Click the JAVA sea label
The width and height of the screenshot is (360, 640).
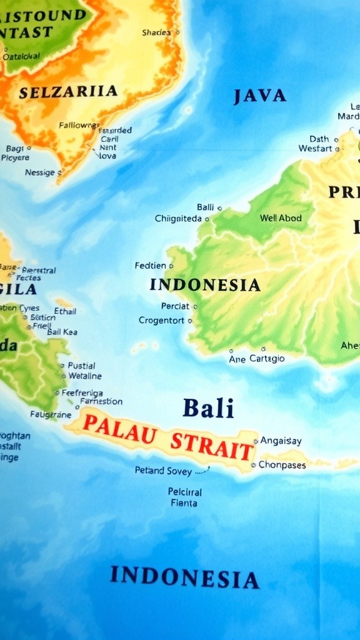[x=259, y=96]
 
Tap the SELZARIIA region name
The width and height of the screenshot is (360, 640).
[x=68, y=91]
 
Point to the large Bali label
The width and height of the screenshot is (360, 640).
[x=208, y=408]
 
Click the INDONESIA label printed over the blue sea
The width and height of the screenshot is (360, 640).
[x=184, y=577]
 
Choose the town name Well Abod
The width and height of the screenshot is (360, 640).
[x=281, y=218]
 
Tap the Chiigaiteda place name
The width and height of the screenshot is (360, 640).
[x=178, y=219]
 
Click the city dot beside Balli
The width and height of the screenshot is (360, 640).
[x=219, y=208]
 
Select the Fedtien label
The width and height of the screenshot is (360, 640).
[x=150, y=266]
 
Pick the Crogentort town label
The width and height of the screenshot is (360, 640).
[x=161, y=321]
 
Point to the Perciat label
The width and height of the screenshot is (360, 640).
[x=175, y=306]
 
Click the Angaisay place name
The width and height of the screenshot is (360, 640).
[x=281, y=441]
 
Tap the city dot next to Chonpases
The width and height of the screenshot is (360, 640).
[x=253, y=465]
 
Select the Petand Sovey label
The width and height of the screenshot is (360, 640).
[x=163, y=471]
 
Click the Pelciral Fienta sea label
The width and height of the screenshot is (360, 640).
[x=184, y=497]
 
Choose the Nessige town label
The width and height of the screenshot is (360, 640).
[x=40, y=172]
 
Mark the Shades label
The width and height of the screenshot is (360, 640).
[x=156, y=32]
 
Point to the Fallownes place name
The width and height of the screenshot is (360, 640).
[x=79, y=125]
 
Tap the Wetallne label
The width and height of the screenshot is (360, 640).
[x=85, y=376]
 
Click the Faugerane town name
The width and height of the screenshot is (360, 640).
[x=51, y=414]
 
